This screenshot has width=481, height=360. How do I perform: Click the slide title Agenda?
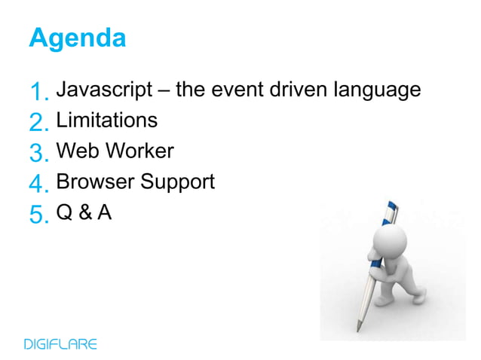pos(77,38)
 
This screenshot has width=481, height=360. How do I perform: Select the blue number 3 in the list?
pos(38,154)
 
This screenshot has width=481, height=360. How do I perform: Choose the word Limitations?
pos(107,120)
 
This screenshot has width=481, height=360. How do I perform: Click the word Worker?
pos(140,151)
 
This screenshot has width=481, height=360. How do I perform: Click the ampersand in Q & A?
pos(84,213)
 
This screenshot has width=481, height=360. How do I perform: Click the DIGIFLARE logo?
pos(60,344)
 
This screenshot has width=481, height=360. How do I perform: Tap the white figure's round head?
pos(388,247)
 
